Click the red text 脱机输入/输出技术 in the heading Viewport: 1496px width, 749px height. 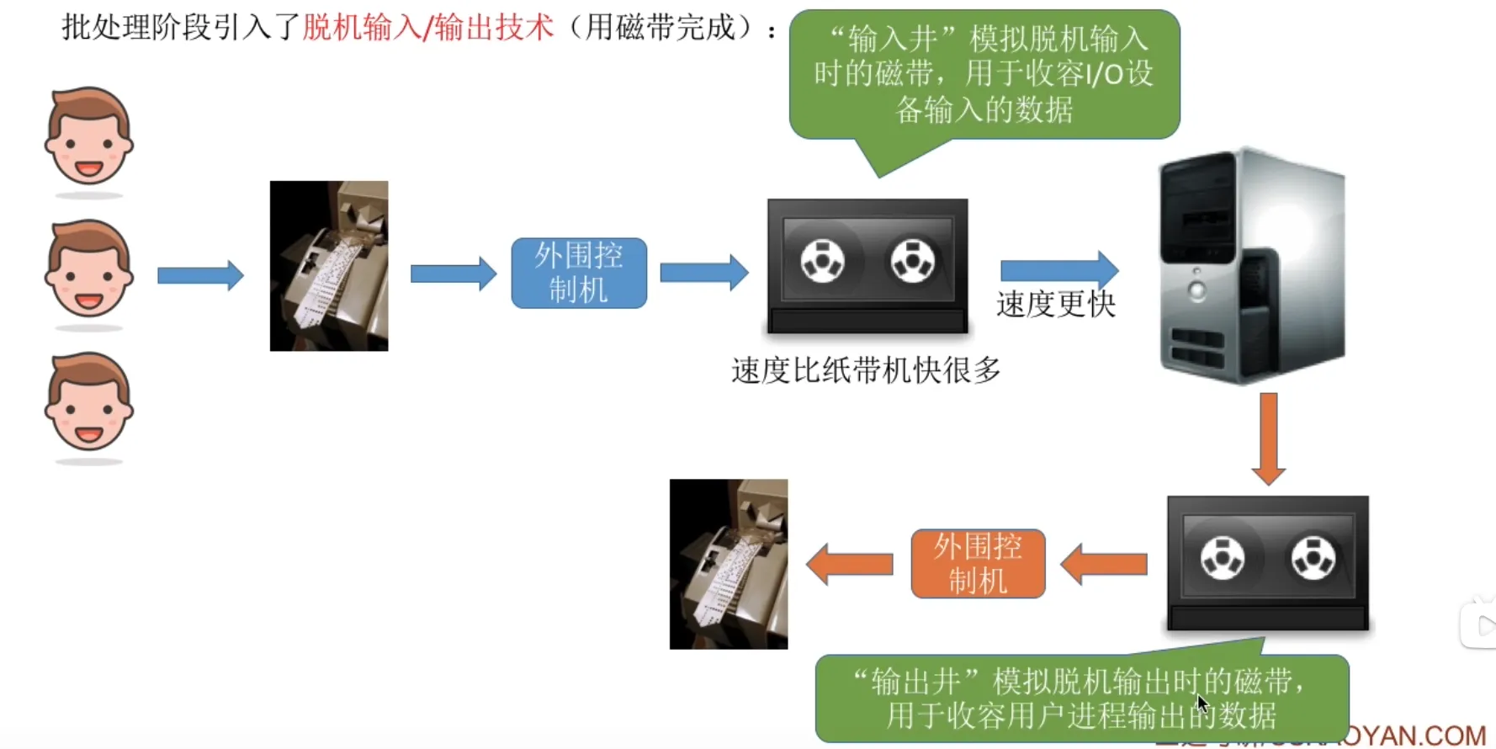tap(427, 28)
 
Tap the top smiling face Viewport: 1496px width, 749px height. tap(88, 136)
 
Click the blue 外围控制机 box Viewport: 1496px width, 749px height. tap(579, 273)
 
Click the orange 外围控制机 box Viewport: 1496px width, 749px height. tap(978, 564)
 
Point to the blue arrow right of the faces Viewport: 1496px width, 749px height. tap(200, 275)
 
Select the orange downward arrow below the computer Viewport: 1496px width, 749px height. tap(1268, 438)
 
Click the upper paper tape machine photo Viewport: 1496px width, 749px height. tap(329, 266)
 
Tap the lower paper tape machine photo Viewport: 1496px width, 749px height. tap(729, 564)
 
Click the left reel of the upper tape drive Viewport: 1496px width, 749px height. tap(822, 260)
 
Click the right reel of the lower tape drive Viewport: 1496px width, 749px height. tap(1313, 558)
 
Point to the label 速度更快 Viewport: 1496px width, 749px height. tap(1056, 305)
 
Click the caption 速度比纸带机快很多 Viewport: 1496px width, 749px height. tap(866, 370)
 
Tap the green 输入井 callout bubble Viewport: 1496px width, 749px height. tap(984, 74)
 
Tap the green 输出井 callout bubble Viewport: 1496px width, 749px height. tap(1081, 698)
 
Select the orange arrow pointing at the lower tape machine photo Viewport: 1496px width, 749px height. tap(850, 564)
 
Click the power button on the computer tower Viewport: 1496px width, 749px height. tap(1196, 291)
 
